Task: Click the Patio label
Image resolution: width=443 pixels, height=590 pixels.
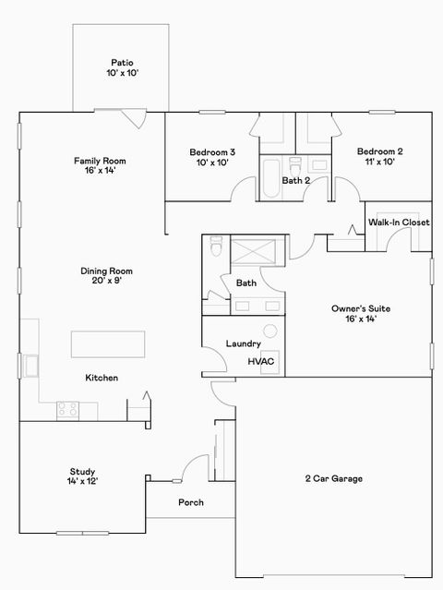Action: (121, 66)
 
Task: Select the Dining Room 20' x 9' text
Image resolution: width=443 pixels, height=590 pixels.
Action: (107, 275)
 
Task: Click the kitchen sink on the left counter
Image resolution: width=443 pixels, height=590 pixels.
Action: (31, 367)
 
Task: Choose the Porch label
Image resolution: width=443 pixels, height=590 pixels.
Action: (190, 503)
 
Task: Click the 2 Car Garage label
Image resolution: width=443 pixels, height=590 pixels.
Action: (333, 478)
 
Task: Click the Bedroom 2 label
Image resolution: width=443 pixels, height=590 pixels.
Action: (379, 156)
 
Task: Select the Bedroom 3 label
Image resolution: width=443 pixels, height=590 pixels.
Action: (212, 156)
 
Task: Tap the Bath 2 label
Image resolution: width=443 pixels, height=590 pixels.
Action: (295, 180)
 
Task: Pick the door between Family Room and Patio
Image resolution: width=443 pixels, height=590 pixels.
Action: (133, 118)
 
